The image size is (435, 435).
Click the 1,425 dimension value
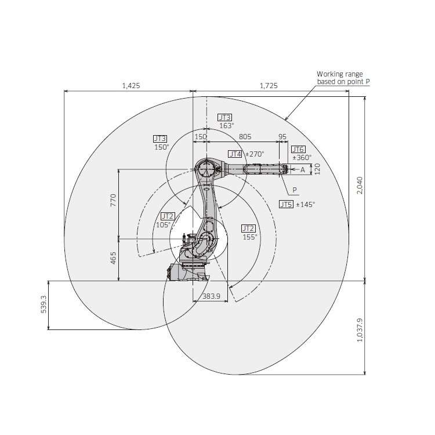[x=130, y=85]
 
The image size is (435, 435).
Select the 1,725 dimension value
[x=268, y=85]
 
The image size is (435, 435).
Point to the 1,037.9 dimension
[x=360, y=330]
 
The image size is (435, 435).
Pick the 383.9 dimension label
[x=211, y=296]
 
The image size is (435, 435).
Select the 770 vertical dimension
[x=114, y=200]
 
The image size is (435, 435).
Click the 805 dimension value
[x=245, y=136]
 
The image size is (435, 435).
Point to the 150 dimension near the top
[x=200, y=136]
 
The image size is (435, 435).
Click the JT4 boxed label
[x=235, y=154]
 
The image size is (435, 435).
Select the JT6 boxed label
[x=298, y=149]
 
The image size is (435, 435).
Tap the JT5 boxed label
[x=285, y=204]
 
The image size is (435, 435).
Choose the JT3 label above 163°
[x=225, y=117]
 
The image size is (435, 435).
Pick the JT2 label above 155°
[x=248, y=229]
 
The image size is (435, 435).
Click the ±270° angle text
[x=255, y=154]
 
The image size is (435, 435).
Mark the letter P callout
[x=295, y=190]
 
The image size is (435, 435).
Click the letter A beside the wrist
[x=302, y=169]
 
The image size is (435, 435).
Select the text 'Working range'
[x=339, y=74]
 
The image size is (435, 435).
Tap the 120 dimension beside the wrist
[x=317, y=169]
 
